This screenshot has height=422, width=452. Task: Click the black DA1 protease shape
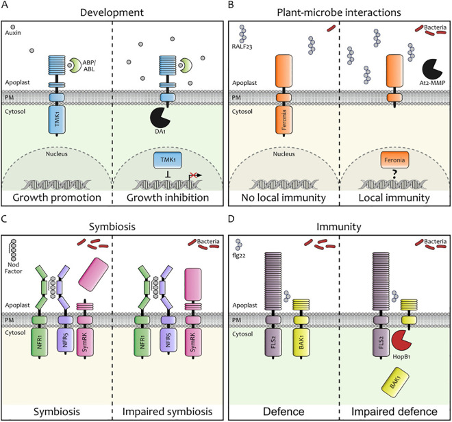pyautogui.click(x=160, y=118)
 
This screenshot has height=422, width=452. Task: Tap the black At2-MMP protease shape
pyautogui.click(x=431, y=69)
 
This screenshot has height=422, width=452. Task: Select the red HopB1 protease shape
pyautogui.click(x=401, y=341)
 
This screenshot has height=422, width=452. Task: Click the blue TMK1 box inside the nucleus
pyautogui.click(x=168, y=160)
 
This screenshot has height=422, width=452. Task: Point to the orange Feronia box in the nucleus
pyautogui.click(x=394, y=160)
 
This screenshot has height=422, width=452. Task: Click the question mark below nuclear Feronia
pyautogui.click(x=394, y=174)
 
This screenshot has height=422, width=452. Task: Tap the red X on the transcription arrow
pyautogui.click(x=193, y=175)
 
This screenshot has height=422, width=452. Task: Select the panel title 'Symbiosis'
pyautogui.click(x=112, y=227)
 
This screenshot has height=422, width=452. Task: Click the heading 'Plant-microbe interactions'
pyautogui.click(x=339, y=13)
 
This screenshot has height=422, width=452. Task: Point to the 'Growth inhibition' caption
pyautogui.click(x=168, y=197)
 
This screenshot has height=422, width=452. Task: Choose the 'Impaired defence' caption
pyautogui.click(x=394, y=411)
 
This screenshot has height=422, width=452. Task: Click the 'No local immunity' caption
pyautogui.click(x=284, y=198)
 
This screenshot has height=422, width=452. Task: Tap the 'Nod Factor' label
pyautogui.click(x=13, y=268)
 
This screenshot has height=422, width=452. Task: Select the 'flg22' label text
pyautogui.click(x=239, y=255)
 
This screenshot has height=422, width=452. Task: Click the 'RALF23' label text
pyautogui.click(x=242, y=47)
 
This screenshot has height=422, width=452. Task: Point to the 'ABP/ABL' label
pyautogui.click(x=89, y=66)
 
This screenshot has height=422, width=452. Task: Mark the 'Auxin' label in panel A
pyautogui.click(x=13, y=33)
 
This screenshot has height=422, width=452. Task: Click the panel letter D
pyautogui.click(x=231, y=219)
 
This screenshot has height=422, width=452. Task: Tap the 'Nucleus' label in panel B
pyautogui.click(x=284, y=154)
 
